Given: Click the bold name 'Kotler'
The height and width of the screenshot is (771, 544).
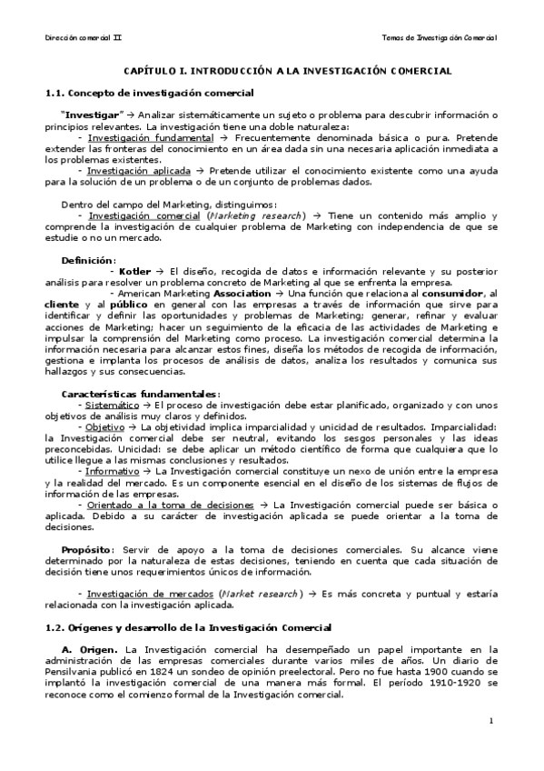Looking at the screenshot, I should click(x=134, y=271).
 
